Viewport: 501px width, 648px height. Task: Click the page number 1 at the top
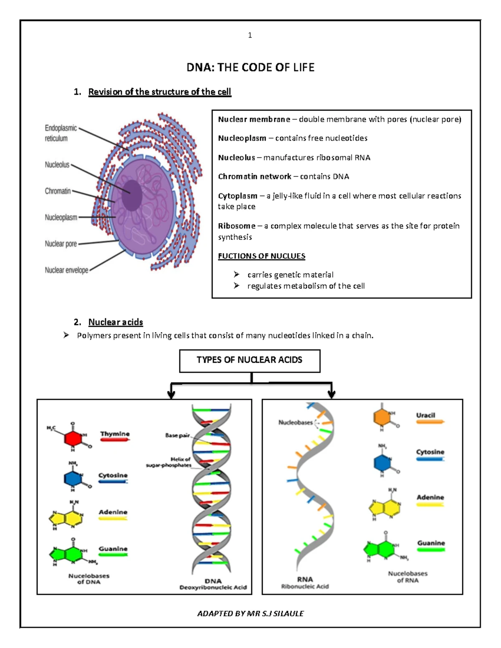pos(250,35)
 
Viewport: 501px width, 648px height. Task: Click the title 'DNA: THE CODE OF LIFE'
pos(250,68)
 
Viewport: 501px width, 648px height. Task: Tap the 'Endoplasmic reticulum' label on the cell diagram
pos(61,133)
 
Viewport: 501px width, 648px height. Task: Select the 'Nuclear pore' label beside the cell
pos(61,244)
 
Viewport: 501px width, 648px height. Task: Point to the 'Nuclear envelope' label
pos(66,270)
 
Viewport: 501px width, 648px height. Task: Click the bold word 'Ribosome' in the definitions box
pos(236,226)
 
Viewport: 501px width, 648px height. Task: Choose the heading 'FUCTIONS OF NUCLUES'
pos(261,256)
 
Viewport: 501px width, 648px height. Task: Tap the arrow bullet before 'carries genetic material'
pos(237,275)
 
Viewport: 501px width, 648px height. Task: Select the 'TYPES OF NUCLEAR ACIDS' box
pos(250,361)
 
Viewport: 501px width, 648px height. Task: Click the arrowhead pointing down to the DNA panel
pos(171,394)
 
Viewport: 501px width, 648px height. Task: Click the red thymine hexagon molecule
pos(73,439)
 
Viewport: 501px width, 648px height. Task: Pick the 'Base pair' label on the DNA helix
pos(177,436)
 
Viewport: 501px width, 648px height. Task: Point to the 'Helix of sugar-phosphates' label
pos(169,462)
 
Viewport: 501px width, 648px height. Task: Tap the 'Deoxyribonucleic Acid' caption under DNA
pos(213,587)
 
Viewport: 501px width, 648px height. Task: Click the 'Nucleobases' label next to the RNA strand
pos(296,423)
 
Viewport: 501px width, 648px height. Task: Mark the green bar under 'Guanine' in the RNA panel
pos(431,550)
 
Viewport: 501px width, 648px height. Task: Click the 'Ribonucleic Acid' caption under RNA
pos(305,587)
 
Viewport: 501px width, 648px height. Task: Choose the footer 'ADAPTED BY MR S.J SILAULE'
pos(250,614)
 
